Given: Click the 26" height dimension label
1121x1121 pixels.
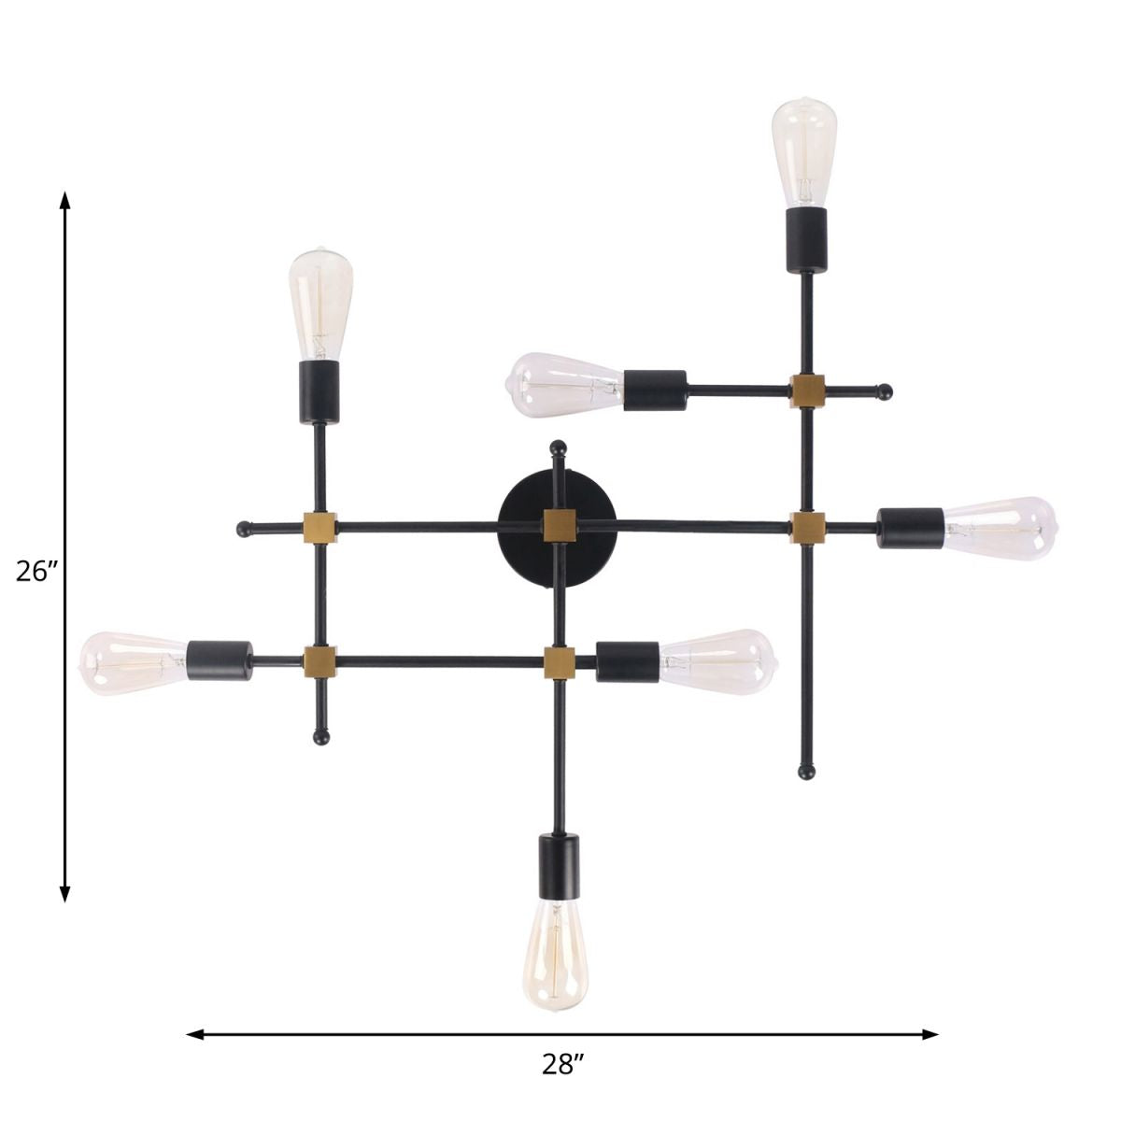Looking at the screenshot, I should point(37,570).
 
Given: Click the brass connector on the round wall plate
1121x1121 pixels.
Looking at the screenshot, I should point(558,525).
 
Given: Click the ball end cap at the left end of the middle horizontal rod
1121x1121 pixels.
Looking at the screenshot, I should point(245,530).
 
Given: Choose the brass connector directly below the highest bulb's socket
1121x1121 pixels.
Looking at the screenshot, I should point(806,390).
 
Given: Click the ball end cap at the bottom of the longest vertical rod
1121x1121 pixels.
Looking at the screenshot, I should point(806,772).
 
